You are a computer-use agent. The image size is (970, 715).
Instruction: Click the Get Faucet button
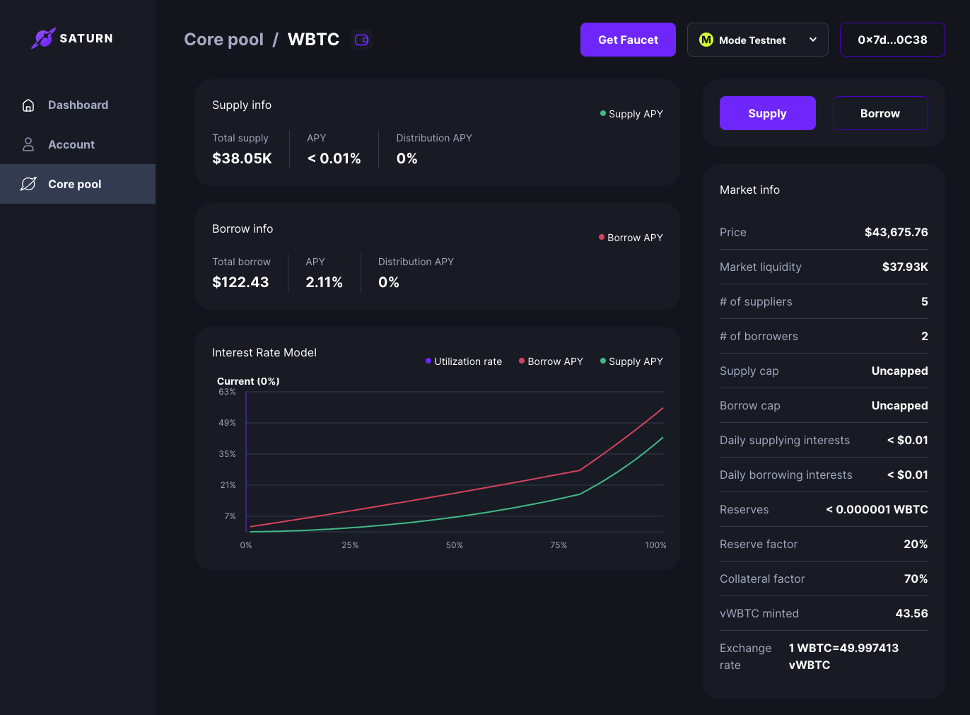(x=628, y=40)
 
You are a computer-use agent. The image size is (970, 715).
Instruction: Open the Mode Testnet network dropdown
(x=757, y=40)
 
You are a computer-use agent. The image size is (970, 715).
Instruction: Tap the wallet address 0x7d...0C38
(x=892, y=40)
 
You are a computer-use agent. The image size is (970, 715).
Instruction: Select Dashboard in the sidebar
(x=78, y=105)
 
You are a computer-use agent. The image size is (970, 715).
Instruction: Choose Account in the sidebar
(x=71, y=144)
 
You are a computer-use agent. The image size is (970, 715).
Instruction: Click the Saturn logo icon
(x=43, y=38)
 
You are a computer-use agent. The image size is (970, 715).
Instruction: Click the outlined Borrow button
(x=880, y=113)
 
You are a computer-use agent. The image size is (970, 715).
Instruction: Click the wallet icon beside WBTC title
(x=361, y=40)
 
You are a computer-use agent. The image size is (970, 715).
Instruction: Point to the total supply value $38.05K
(x=242, y=158)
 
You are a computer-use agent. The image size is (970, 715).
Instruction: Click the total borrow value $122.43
(x=240, y=282)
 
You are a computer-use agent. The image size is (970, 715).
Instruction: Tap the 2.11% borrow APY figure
(x=324, y=282)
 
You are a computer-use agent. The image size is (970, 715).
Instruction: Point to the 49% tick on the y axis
(x=227, y=423)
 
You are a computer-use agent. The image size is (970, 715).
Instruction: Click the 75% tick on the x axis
(x=559, y=545)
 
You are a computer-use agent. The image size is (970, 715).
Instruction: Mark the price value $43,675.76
(x=896, y=232)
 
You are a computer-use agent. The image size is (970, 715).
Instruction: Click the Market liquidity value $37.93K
(x=904, y=267)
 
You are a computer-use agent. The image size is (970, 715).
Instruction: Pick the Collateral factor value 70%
(x=916, y=579)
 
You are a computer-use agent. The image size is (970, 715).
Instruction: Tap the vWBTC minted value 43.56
(x=911, y=613)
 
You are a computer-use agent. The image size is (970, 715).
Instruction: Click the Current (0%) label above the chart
(x=248, y=381)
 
